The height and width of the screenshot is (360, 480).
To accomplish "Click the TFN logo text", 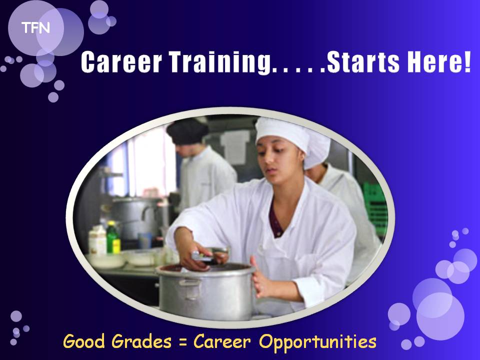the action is click(35, 28).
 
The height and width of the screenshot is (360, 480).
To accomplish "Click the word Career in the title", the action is click(121, 62).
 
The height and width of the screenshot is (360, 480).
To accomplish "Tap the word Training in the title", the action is click(220, 62).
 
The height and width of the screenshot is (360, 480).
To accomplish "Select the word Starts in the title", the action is click(363, 62).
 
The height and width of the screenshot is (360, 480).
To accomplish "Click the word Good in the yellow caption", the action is click(84, 341).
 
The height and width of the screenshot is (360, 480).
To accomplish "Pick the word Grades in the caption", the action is click(141, 341).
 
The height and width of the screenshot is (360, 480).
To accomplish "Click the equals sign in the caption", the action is click(183, 342).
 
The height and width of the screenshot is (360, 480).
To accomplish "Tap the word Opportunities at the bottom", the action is click(318, 342).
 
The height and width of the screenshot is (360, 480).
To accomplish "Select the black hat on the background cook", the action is click(187, 131).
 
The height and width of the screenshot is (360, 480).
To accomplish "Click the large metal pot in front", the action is click(205, 291).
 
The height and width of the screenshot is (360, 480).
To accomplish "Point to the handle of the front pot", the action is click(190, 288).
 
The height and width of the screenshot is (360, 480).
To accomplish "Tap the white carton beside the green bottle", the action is click(97, 240).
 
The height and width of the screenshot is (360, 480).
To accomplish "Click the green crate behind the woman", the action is click(375, 208).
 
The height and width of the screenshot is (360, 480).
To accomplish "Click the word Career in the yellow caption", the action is click(222, 341).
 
